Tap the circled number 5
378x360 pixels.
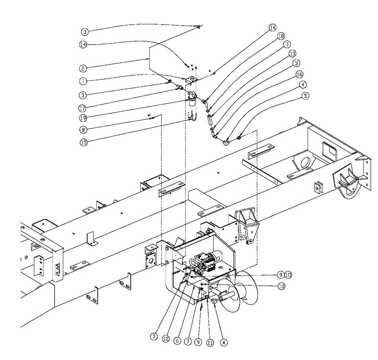(x=304, y=96)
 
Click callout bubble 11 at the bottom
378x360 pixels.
(x=210, y=342)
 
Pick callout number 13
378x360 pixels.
(x=292, y=53)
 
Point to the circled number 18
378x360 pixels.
(x=280, y=37)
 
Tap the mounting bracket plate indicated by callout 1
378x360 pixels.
(x=192, y=79)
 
